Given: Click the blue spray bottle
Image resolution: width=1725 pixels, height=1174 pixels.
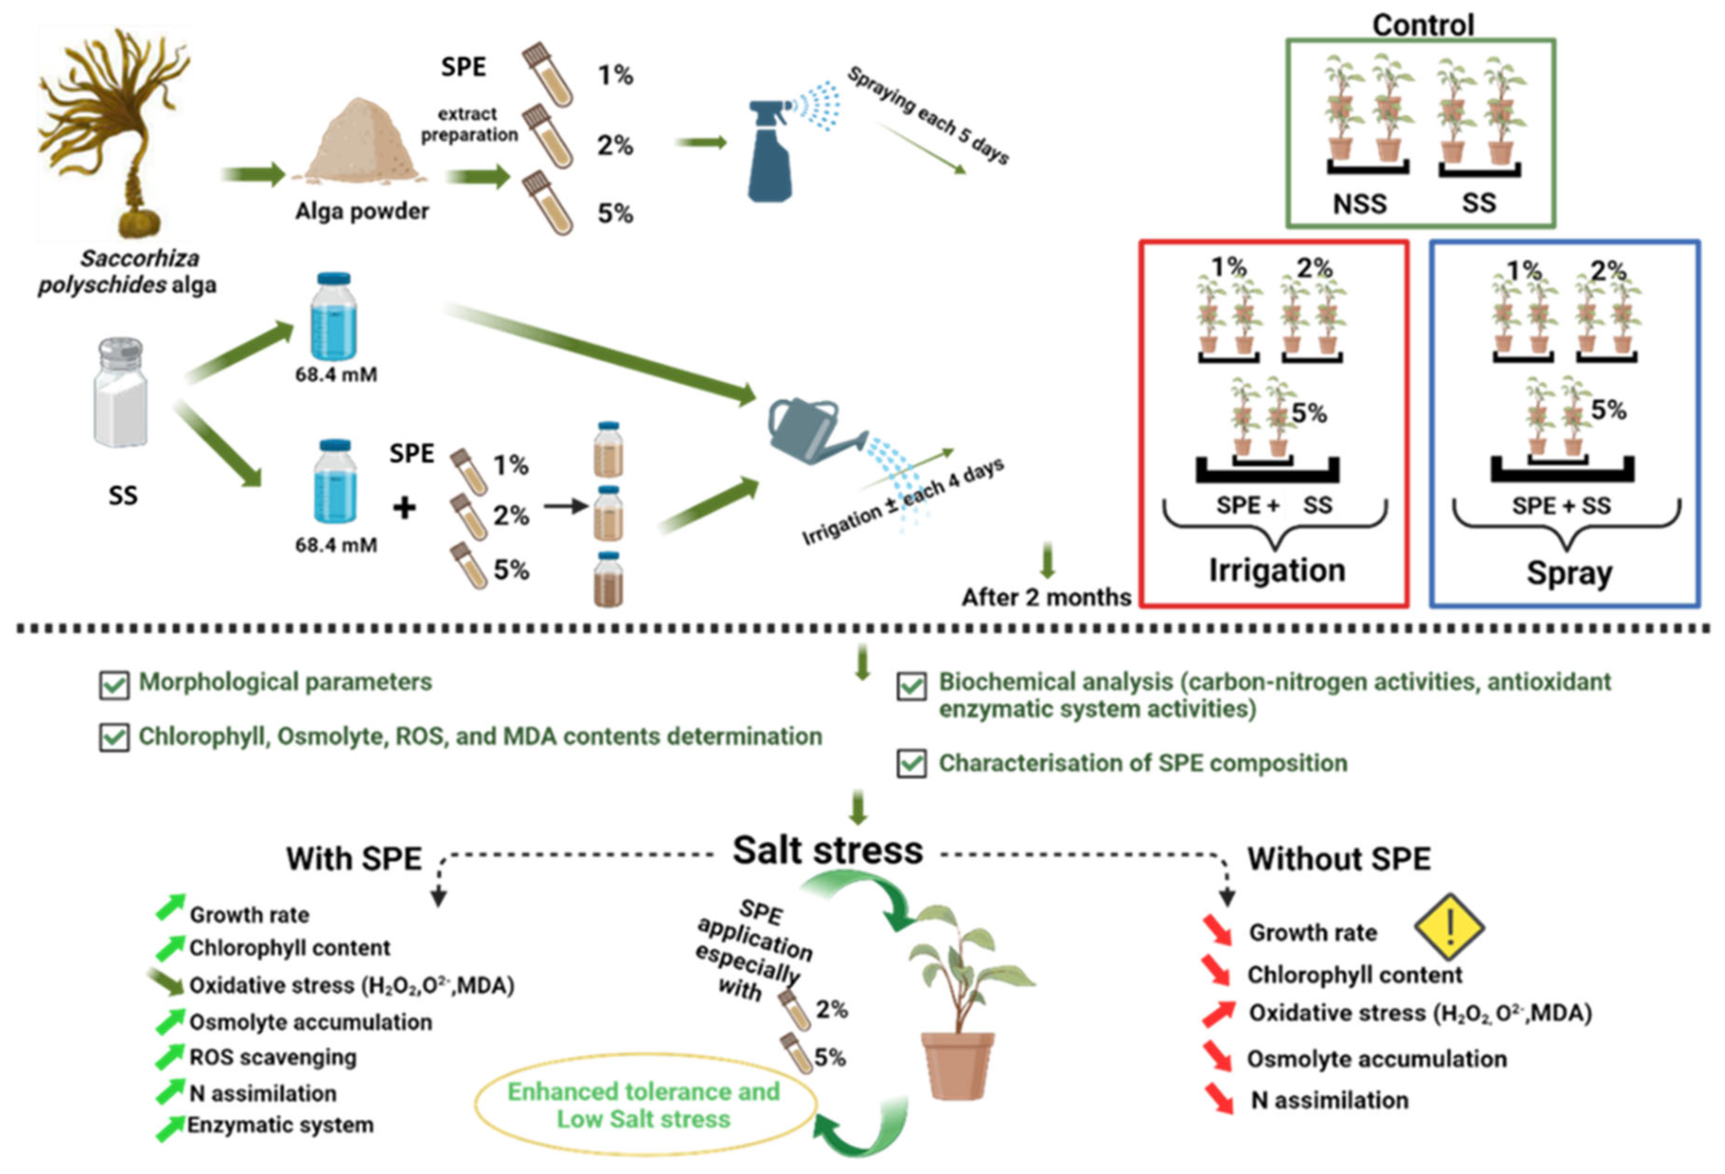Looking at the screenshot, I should click(770, 160).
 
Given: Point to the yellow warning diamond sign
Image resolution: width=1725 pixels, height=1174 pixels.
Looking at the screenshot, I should click(1448, 927).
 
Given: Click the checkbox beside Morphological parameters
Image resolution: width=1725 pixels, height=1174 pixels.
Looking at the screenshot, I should click(113, 684).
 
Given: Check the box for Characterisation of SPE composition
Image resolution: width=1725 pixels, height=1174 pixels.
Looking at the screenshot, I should click(911, 764).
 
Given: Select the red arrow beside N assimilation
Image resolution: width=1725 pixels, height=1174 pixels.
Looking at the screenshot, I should click(1218, 1097).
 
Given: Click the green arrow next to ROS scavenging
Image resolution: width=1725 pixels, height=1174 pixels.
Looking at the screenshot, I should click(169, 1055).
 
